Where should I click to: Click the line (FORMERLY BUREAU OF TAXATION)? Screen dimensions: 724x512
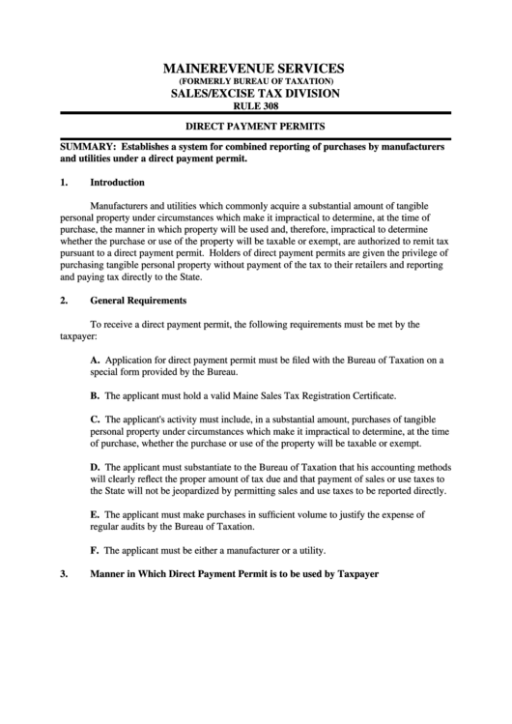click(x=255, y=81)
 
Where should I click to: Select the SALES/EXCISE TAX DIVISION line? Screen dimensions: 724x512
click(x=255, y=94)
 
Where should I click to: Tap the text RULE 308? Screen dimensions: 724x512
click(x=255, y=106)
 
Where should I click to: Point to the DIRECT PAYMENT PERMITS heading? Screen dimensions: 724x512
click(x=255, y=127)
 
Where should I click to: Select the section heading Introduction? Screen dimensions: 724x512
click(x=117, y=182)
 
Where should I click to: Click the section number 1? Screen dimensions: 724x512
click(x=64, y=182)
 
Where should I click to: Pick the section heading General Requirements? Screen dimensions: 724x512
click(x=138, y=300)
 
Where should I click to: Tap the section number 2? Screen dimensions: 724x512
click(x=64, y=300)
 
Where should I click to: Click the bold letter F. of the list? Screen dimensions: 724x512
click(x=95, y=550)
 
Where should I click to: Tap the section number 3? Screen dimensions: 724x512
click(x=64, y=573)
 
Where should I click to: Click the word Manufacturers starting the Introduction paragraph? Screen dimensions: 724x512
click(x=120, y=206)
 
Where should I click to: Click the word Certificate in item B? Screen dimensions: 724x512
click(x=372, y=395)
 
